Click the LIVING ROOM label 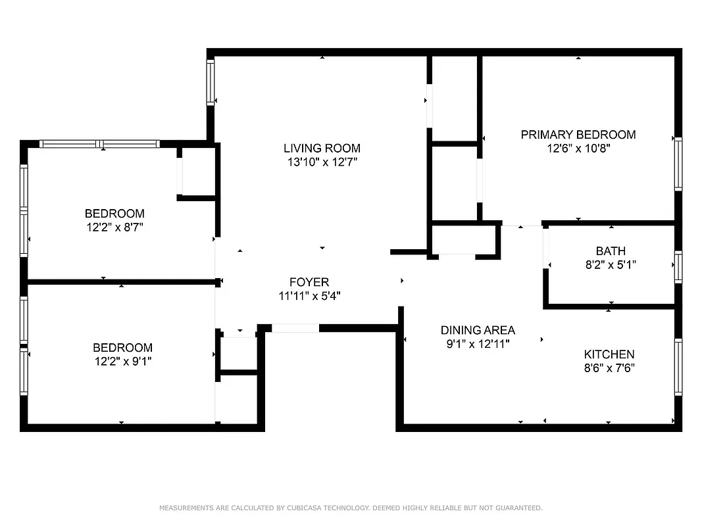pos(322,148)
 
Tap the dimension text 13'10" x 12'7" pos(322,162)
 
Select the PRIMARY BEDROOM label pos(578,135)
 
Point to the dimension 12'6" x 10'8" pos(578,149)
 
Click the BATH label pos(610,251)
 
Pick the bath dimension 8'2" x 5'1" pos(610,265)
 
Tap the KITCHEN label pos(609,354)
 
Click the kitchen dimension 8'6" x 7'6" pos(609,368)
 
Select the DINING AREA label pos(478,330)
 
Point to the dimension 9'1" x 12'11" pos(478,344)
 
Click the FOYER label pos(309,283)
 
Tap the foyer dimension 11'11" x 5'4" pos(309,297)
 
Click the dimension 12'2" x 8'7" pos(114,227)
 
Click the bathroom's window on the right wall pos(678,267)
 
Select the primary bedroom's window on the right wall pos(678,164)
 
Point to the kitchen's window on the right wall pos(678,366)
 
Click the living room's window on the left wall pos(211,82)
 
